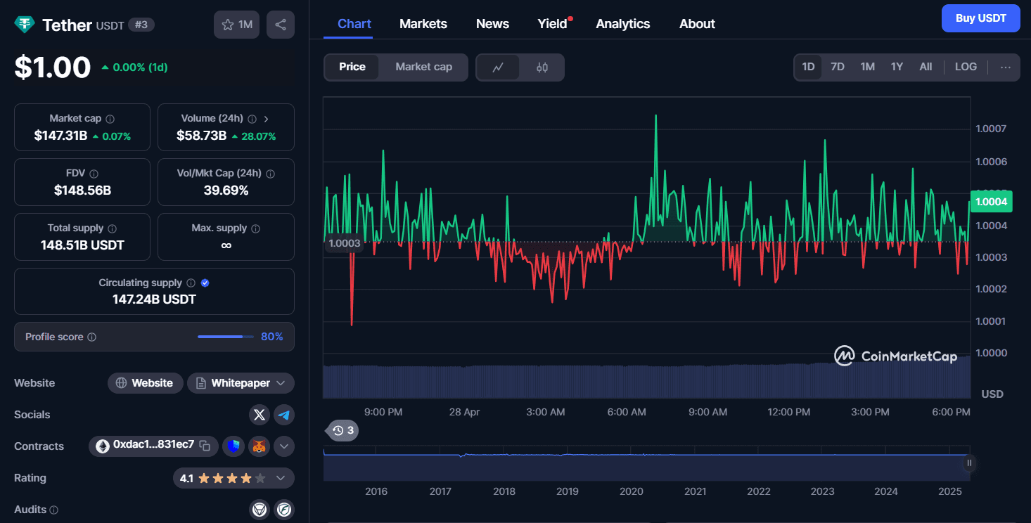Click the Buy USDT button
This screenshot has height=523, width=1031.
coord(980,18)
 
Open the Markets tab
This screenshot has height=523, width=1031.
coord(423,24)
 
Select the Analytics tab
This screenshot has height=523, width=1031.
coord(622,24)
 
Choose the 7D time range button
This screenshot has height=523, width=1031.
coord(837,67)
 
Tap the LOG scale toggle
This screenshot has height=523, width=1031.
coord(966,67)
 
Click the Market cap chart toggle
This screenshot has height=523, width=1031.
coord(423,67)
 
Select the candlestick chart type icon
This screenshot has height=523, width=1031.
coord(542,67)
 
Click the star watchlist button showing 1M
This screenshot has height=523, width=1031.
coord(236,25)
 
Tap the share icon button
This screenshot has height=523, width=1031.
coord(281,25)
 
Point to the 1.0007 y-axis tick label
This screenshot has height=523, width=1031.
coord(991,129)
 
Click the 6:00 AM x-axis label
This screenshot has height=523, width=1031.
coord(627,412)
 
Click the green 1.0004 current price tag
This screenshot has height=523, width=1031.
coord(991,202)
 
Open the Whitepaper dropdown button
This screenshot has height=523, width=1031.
coord(241,383)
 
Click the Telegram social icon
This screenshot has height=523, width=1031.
coord(284,415)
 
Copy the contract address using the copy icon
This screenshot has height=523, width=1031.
coord(205,445)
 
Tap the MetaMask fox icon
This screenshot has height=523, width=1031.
coord(259,446)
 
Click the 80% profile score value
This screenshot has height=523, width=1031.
coord(271,337)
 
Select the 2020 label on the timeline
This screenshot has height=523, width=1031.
coord(631,491)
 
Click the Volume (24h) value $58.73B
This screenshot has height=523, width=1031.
coord(202,136)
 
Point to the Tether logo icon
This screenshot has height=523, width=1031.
coord(25,25)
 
